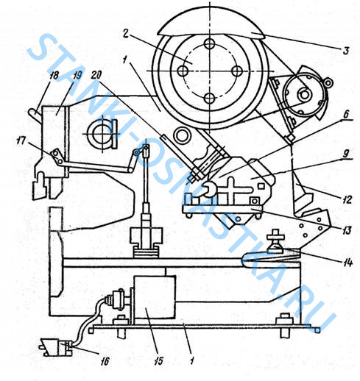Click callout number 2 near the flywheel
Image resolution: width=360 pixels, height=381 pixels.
(125, 34)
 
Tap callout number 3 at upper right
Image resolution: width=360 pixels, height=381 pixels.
(346, 51)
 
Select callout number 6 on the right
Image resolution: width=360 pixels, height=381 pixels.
(346, 114)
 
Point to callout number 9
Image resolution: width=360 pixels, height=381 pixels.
(346, 154)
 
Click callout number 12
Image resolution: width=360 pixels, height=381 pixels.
(347, 199)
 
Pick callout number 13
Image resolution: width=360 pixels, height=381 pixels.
(347, 230)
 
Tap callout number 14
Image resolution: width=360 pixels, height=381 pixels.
(347, 263)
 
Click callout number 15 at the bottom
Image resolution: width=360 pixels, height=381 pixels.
(159, 360)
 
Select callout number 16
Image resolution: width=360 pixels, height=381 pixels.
(105, 361)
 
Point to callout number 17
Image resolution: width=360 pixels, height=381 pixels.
(21, 141)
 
